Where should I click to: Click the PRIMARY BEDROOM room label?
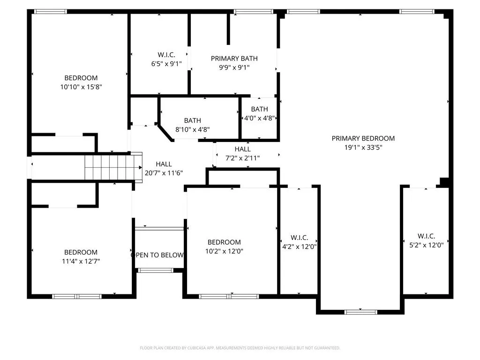coord(363,138)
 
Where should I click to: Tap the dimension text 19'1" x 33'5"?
coord(363,147)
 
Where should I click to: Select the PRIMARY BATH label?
coord(234,59)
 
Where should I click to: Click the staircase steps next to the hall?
coord(113,167)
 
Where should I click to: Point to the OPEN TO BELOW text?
coord(157,255)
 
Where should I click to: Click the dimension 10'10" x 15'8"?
coord(81,87)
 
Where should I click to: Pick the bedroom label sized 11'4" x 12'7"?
coord(81,252)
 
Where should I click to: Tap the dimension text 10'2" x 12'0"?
coord(224,251)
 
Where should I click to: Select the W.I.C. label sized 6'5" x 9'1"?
coord(166,55)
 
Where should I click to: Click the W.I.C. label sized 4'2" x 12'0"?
coord(300,238)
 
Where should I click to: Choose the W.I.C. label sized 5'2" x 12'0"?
coord(427,236)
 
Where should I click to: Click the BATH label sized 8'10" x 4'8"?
coord(193,120)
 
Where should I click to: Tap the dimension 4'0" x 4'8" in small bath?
coord(259,118)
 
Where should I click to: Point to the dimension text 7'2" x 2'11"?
coord(242,158)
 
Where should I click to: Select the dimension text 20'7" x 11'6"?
coord(164,173)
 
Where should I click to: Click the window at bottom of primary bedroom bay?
coord(360,312)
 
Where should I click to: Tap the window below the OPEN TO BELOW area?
coord(156,270)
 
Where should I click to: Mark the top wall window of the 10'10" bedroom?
coord(51,12)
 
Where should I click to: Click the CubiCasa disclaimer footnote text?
coord(240,348)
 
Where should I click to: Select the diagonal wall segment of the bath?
coord(165,133)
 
